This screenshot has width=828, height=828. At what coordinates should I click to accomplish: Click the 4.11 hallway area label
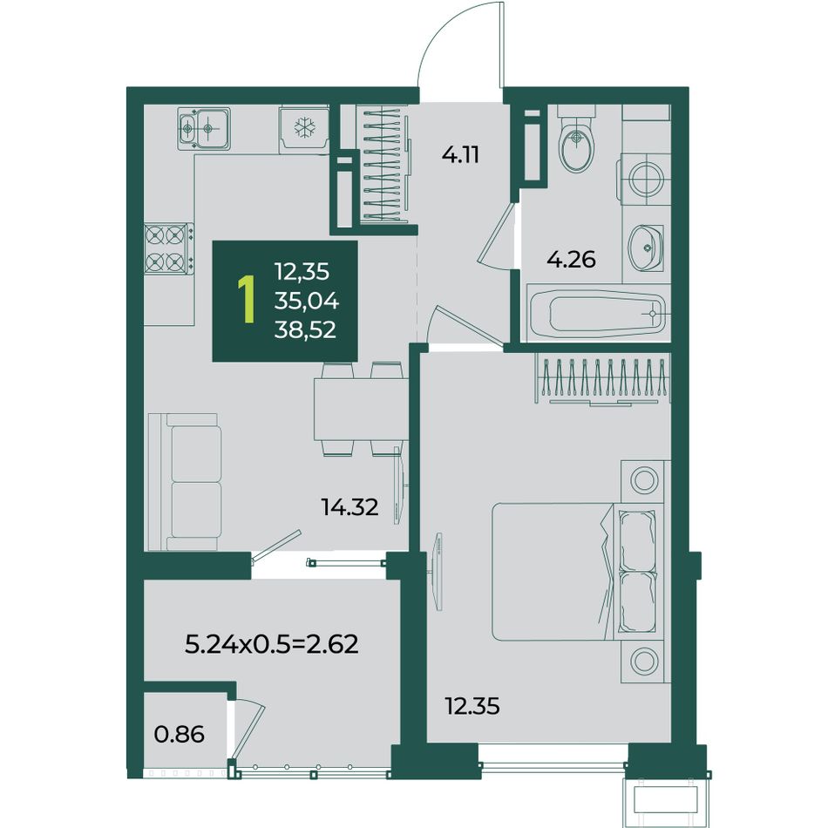[461, 155]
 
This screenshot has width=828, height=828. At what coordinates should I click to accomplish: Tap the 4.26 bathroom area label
[572, 259]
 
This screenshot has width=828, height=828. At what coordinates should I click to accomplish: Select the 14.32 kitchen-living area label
[350, 507]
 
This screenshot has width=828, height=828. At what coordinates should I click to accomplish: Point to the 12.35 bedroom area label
[472, 706]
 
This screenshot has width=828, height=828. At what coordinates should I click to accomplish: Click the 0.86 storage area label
[180, 735]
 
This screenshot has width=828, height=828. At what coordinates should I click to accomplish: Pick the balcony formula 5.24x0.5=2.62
[272, 644]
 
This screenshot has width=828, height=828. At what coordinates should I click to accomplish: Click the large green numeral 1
[247, 299]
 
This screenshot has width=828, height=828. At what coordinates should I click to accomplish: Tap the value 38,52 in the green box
[305, 330]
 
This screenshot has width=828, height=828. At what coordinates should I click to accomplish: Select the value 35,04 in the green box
[306, 301]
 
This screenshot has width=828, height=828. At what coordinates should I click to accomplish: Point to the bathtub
[599, 313]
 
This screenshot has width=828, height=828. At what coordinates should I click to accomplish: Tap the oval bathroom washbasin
[646, 247]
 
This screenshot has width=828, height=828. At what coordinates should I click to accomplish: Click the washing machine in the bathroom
[644, 179]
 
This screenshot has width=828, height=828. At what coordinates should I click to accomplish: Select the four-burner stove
[169, 248]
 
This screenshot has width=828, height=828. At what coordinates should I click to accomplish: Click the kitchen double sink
[204, 128]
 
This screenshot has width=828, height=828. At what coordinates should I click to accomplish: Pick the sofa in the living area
[184, 482]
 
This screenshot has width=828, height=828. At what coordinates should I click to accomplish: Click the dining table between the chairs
[360, 410]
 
